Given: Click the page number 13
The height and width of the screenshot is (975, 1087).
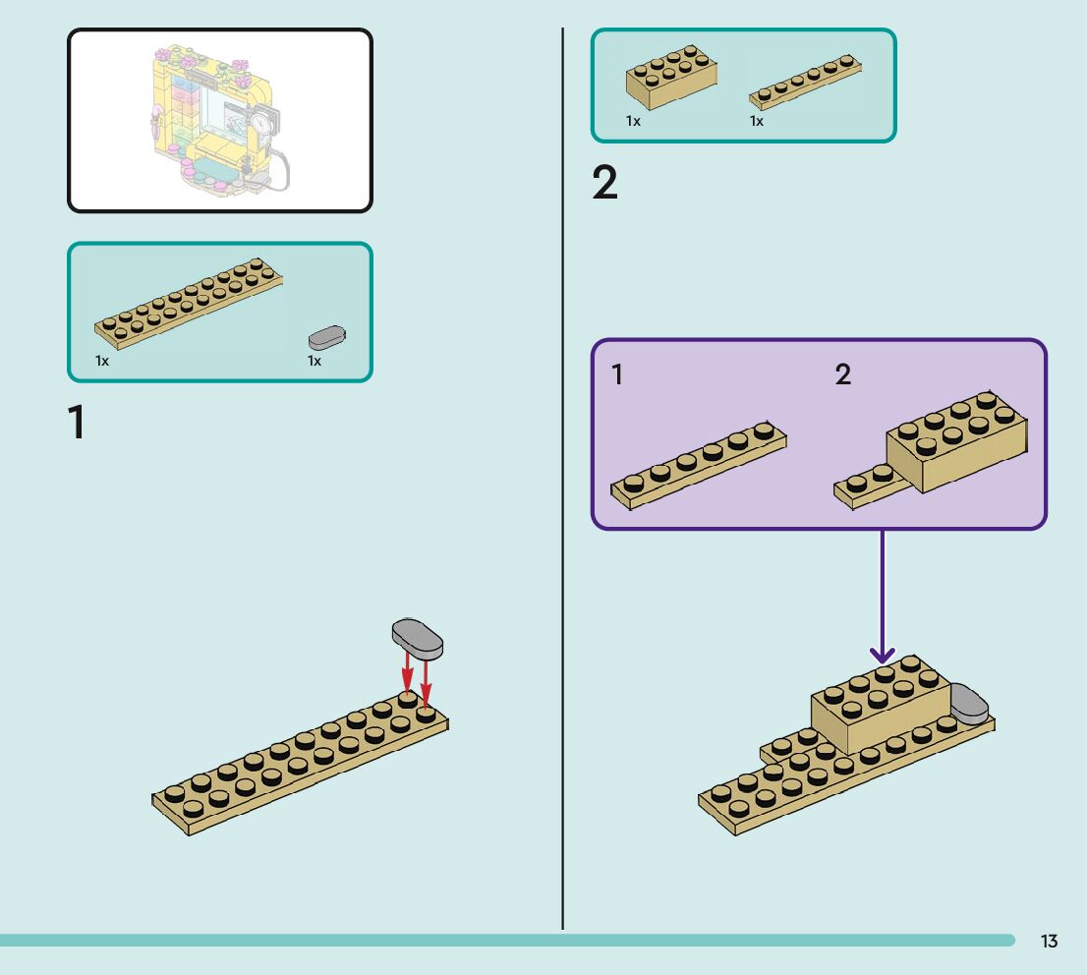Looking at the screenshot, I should pos(1049,942).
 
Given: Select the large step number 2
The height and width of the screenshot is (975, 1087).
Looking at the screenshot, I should pos(605,184).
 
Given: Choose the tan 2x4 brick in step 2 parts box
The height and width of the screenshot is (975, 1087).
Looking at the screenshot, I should pos(671,77).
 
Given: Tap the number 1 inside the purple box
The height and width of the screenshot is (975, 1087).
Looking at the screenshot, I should pos(617,374).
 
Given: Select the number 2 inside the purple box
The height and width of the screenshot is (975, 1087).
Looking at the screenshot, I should pos(843,374).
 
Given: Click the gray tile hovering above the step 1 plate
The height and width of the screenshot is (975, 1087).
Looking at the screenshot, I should pos(418,638).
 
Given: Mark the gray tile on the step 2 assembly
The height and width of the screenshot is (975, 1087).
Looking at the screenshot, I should pos(969,705).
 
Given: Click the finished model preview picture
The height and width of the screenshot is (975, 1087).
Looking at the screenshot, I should pos(220,120).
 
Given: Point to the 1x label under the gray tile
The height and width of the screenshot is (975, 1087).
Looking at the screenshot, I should pos(315,362).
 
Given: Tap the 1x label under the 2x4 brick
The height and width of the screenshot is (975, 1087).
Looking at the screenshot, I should pos(633,122).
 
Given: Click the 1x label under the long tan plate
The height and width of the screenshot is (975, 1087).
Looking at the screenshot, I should pos(102,362).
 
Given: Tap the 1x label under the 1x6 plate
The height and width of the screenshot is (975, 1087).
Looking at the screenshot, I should pos(757,122).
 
